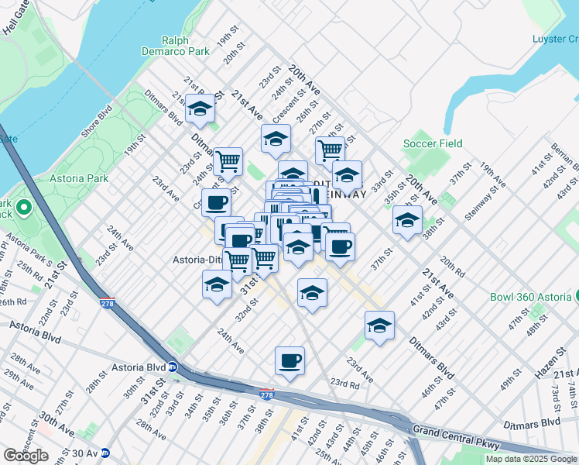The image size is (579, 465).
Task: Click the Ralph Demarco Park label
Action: coord(186,46)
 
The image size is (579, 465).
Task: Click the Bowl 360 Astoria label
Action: coord(530,297)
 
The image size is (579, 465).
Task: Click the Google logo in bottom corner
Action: coord(26,456)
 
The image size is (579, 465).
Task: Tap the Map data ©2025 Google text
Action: coord(531,459)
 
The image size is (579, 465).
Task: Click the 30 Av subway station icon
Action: coord(104,453)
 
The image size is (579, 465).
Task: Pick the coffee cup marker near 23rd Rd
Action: coord(289,360)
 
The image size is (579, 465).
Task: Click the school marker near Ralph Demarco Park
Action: coord(200,108)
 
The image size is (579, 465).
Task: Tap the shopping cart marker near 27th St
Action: coord(330,149)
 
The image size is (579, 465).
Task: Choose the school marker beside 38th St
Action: coord(407,219)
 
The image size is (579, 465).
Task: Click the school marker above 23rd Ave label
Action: coord(379,325)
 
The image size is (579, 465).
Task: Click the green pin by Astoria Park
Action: coord(23,208)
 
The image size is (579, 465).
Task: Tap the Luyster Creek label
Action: coord(554,39)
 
